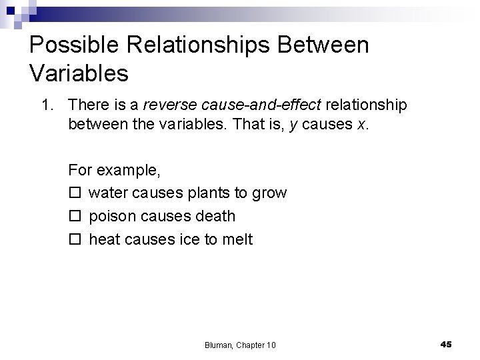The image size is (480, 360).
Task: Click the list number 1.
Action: tap(46, 105)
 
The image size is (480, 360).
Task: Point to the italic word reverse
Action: tap(167, 105)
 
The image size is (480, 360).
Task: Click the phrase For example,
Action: tap(114, 170)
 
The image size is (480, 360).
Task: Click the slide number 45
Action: tap(446, 344)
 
